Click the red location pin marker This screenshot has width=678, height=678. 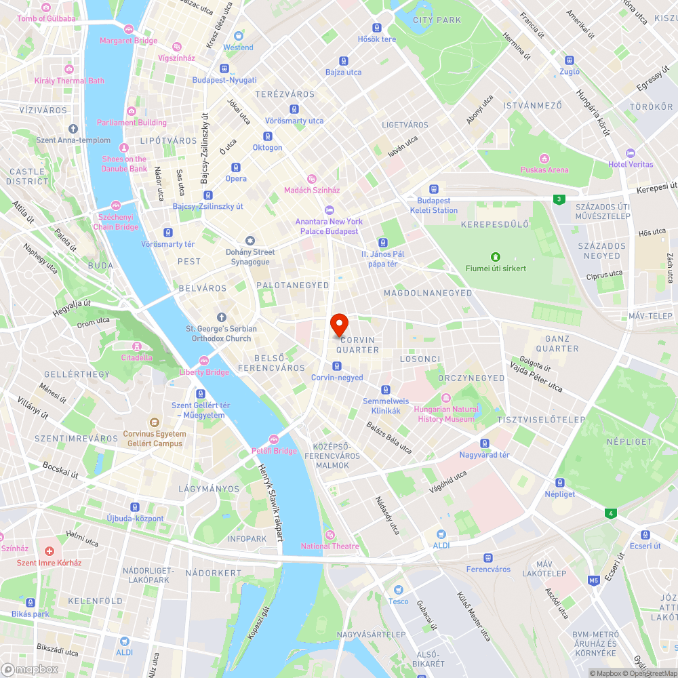click(338, 323)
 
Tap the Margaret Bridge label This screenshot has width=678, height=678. click(128, 41)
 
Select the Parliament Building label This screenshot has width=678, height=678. click(132, 123)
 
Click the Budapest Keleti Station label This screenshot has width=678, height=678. click(434, 205)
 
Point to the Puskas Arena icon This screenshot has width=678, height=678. click(544, 158)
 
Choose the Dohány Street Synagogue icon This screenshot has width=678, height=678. click(250, 241)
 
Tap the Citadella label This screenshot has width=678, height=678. click(137, 357)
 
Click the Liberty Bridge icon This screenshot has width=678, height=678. click(204, 360)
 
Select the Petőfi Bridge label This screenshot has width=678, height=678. click(275, 451)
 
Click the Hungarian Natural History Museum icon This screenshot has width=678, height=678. click(446, 398)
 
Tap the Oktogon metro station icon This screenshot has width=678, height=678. click(267, 136)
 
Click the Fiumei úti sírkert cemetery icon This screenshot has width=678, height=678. click(496, 257)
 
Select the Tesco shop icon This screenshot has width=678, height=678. click(399, 590)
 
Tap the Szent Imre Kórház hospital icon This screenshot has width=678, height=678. click(49, 551)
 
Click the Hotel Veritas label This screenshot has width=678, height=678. click(631, 164)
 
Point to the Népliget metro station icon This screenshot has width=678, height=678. click(560, 483)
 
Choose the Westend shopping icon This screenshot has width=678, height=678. click(239, 36)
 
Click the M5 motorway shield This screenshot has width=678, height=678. click(594, 580)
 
